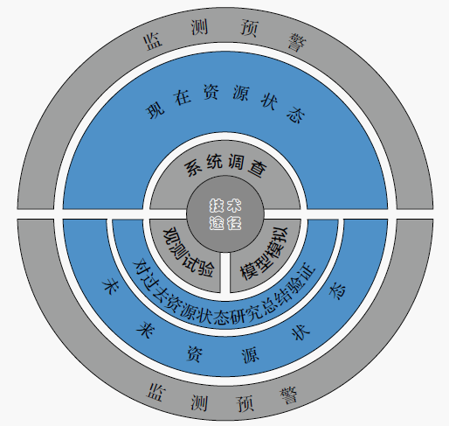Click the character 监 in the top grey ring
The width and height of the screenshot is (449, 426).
tap(153, 42)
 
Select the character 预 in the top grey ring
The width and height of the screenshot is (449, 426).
tap(249, 29)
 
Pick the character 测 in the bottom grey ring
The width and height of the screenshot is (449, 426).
tap(199, 402)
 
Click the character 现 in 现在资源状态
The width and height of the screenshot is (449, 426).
tap(155, 110)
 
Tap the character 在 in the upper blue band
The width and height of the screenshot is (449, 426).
tap(183, 96)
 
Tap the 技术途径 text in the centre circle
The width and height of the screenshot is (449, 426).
tap(225, 214)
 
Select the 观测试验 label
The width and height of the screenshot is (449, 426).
tap(190, 252)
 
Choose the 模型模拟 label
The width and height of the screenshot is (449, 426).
tap(264, 253)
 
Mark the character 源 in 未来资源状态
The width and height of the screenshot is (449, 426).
tap(251, 354)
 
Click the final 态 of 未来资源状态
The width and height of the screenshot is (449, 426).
tap(338, 290)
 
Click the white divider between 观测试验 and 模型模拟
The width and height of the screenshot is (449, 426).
tap(225, 272)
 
